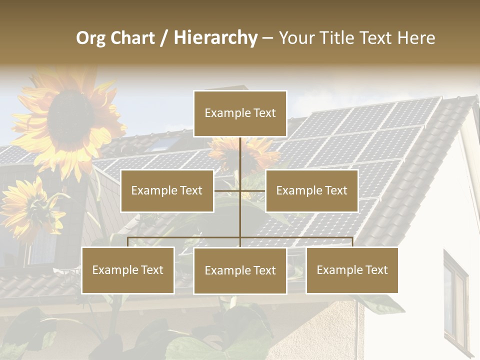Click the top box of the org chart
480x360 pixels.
point(240,113)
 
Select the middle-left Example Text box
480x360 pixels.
point(167,190)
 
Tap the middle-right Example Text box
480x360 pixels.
point(311,190)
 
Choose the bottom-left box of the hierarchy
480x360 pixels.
point(128,270)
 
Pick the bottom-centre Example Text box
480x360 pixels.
point(240,270)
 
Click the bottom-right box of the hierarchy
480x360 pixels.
point(352,270)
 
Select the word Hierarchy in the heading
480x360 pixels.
point(215,38)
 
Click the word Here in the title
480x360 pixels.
point(416,38)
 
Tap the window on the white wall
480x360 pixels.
point(455,300)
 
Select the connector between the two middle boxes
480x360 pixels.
point(240,190)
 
